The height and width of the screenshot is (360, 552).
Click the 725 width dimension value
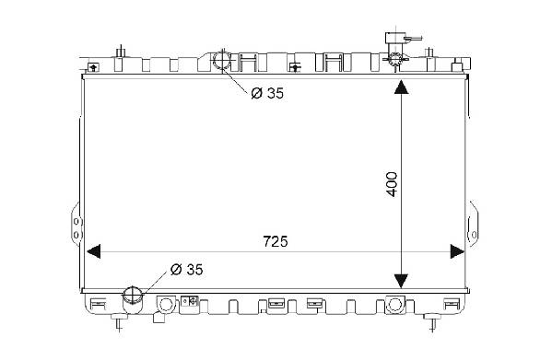click(276, 241)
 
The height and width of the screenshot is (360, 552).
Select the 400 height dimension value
click(392, 184)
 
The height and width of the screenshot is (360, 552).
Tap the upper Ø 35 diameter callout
click(267, 93)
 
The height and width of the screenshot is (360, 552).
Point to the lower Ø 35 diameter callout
click(186, 270)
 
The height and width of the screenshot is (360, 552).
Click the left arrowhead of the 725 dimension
click(94, 251)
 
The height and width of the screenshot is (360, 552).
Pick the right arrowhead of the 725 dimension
click(457, 251)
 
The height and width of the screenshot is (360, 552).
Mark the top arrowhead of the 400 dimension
click(401, 87)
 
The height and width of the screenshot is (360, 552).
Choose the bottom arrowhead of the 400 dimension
click(401, 281)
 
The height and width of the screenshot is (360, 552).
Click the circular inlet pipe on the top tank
click(222, 60)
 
